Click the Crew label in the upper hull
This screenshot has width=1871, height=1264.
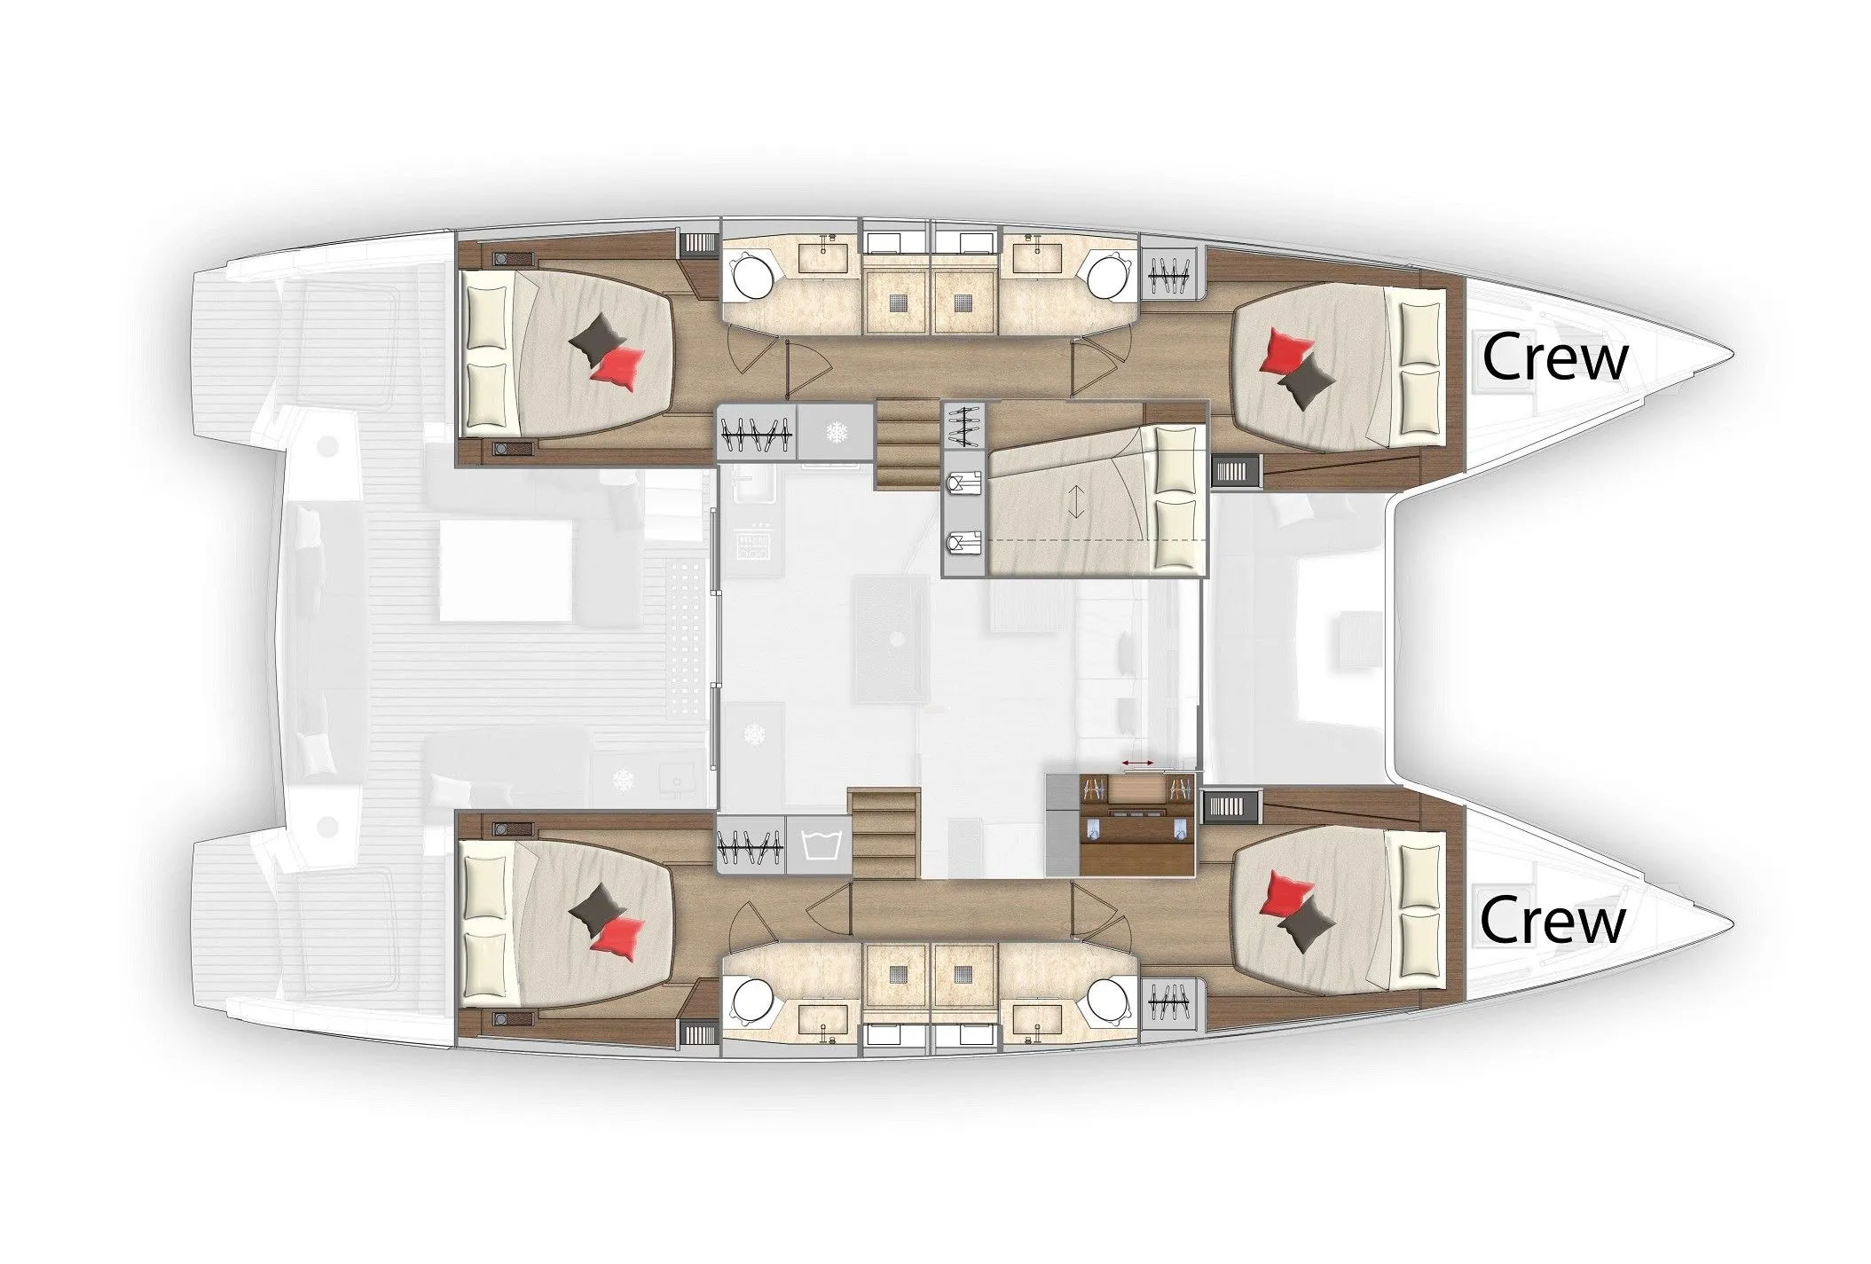pyautogui.click(x=1554, y=358)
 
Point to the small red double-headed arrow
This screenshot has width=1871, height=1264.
pyautogui.click(x=1136, y=763)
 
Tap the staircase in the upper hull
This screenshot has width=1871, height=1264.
pyautogui.click(x=907, y=444)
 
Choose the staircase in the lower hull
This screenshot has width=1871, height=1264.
pyautogui.click(x=884, y=834)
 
